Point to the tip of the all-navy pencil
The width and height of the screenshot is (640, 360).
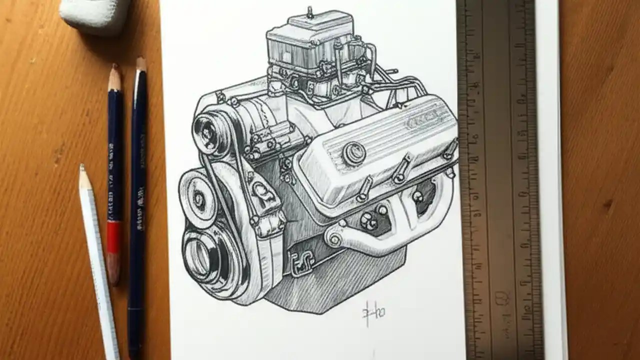coord(141,62)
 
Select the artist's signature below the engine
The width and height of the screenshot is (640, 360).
coord(373,312)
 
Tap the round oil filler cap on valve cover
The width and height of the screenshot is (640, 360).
coord(353,152)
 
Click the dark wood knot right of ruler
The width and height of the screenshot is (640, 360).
coord(607,205)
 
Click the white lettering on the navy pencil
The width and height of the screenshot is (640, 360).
coord(140,200)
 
